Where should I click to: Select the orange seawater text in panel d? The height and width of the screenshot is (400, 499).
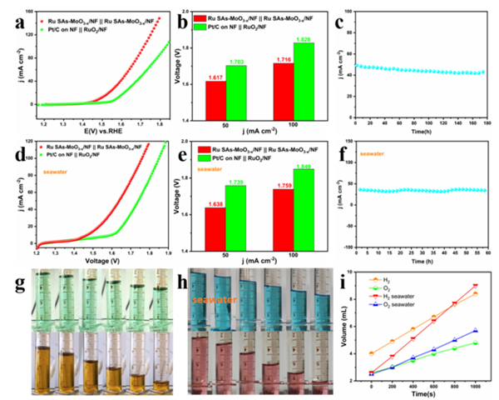coord(53,174)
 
